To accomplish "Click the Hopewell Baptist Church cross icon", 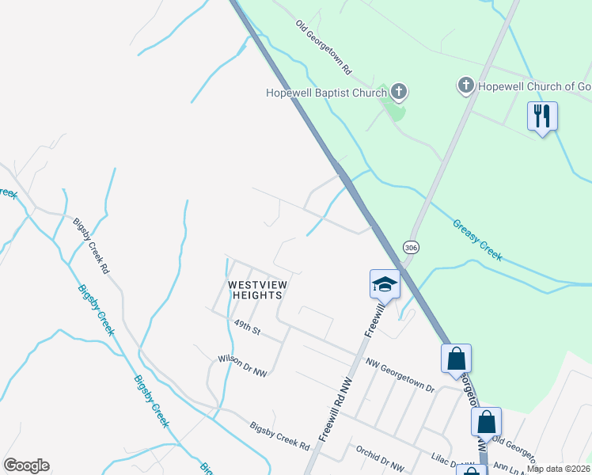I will [400, 93].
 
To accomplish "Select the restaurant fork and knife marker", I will [542, 116].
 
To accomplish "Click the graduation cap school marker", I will [385, 283].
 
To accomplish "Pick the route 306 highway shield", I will [410, 247].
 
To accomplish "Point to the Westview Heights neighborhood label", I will [256, 290].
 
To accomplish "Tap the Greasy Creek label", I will [477, 240].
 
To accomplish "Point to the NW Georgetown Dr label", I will [400, 375].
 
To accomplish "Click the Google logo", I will [26, 465].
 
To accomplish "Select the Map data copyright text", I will [559, 469].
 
